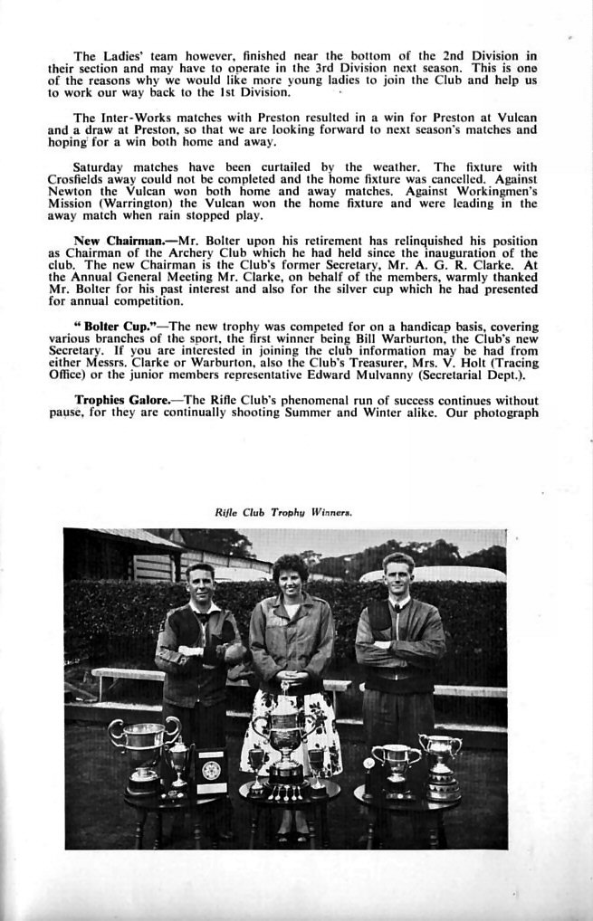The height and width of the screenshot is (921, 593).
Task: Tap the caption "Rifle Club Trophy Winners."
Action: click(x=283, y=511)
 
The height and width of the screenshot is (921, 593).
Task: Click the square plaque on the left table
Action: click(x=211, y=770)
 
